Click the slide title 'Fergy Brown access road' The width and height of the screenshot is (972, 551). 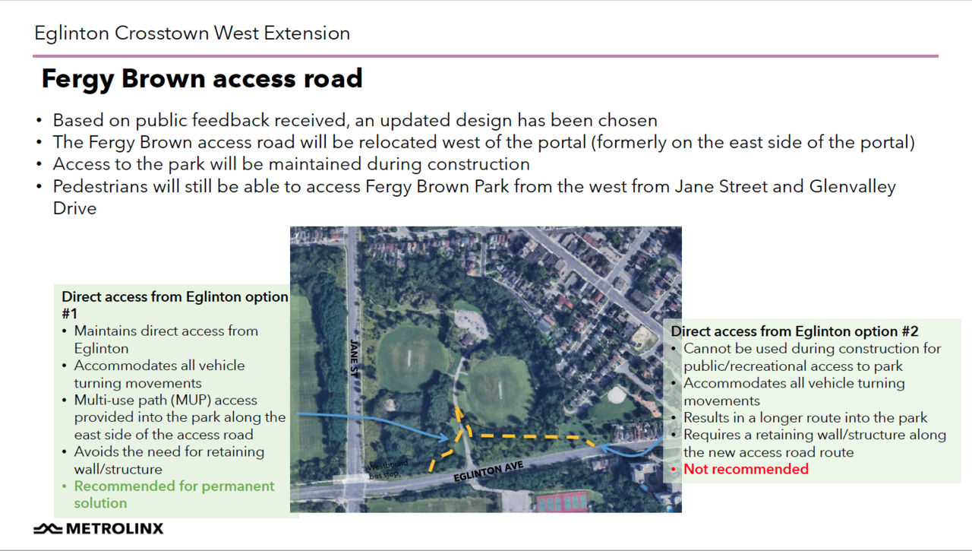(202, 79)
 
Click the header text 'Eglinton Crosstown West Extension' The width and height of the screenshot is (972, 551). (192, 33)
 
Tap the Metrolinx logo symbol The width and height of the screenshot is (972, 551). (48, 528)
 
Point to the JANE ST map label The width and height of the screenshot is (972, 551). (355, 359)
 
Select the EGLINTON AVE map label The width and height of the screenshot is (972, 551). (488, 471)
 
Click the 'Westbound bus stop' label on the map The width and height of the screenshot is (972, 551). (387, 469)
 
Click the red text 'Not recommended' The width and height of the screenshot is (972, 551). (746, 469)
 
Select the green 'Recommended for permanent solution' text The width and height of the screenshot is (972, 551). (174, 494)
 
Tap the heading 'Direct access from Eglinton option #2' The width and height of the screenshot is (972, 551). (794, 331)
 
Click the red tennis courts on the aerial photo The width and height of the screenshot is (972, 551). (562, 502)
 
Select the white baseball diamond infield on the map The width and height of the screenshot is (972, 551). (615, 395)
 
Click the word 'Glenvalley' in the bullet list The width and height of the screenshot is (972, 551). (852, 187)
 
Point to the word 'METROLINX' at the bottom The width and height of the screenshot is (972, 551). (115, 528)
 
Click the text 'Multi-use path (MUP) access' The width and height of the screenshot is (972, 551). (166, 401)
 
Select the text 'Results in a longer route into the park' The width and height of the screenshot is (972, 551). (806, 418)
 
